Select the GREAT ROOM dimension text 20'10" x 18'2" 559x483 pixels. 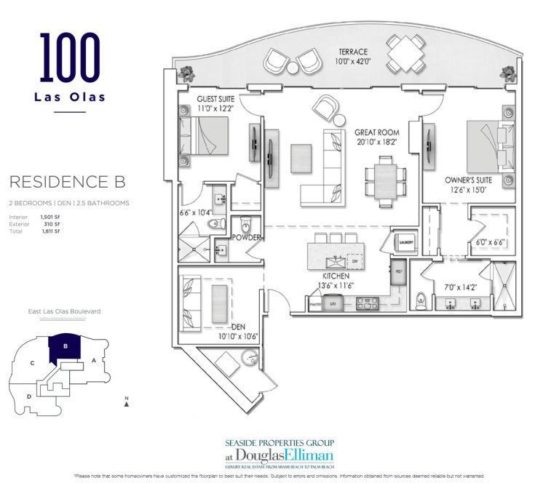[x=375, y=143]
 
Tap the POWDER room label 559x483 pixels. [x=246, y=238]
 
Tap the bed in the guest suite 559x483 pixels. [x=210, y=136]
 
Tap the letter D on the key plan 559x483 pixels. [x=29, y=396]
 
